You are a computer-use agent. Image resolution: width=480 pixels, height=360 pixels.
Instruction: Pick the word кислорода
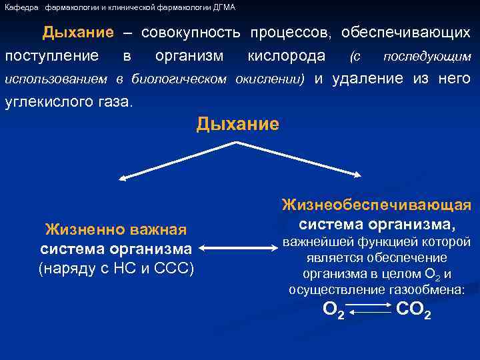click(286, 56)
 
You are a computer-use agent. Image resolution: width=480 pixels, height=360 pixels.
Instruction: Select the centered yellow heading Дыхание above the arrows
click(237, 125)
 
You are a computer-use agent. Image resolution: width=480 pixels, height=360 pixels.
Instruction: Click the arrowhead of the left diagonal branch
click(123, 177)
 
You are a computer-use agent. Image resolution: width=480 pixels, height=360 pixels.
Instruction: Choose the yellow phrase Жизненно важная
click(115, 230)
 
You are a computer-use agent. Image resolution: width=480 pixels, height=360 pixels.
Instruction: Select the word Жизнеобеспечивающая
click(377, 205)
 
